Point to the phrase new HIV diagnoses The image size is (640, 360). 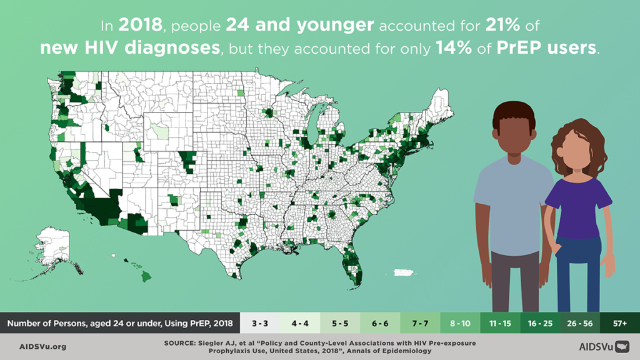[x=129, y=48]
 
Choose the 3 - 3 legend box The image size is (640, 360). [x=261, y=323]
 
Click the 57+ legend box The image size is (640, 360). [x=619, y=323]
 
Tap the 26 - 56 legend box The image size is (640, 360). [x=579, y=323]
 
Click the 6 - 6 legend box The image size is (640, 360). [x=380, y=323]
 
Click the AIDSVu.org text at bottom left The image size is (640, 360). [x=43, y=346]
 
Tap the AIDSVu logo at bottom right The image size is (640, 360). [x=604, y=346]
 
